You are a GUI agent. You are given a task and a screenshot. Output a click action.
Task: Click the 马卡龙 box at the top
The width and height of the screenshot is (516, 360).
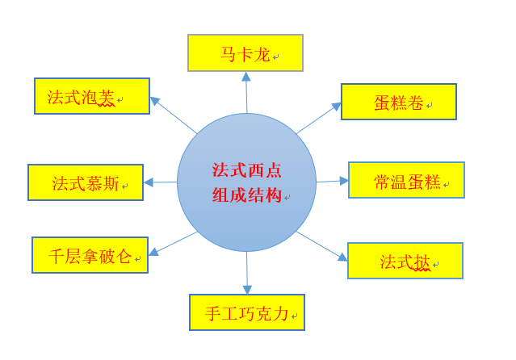click(x=245, y=52)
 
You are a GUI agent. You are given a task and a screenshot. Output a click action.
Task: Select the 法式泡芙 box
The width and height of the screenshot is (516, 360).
click(x=91, y=96)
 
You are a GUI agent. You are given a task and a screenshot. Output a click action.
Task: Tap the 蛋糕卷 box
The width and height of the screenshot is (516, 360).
click(x=398, y=102)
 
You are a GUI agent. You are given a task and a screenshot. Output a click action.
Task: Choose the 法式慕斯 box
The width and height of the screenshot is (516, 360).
click(x=85, y=182)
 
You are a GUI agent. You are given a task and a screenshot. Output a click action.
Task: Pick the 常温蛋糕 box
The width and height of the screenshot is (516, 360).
click(x=406, y=180)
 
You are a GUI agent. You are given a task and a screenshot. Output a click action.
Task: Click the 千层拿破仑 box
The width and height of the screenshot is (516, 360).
click(x=90, y=255)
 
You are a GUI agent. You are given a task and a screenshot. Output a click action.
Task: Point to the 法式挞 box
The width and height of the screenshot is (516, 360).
click(x=405, y=261)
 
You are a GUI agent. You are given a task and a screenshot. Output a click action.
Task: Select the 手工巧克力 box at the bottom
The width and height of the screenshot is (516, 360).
click(x=246, y=312)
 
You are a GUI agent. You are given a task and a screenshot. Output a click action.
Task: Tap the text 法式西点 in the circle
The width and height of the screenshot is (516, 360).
click(x=246, y=170)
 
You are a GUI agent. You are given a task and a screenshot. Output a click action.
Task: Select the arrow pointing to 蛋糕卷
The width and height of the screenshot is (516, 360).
click(x=319, y=118)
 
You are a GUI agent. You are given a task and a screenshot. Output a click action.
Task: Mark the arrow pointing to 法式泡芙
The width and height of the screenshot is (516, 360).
click(x=173, y=115)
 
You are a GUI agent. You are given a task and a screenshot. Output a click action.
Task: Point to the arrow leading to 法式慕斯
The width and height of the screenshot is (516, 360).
click(x=161, y=182)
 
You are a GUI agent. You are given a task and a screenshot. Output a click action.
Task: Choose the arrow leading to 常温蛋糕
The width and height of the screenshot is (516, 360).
click(x=332, y=181)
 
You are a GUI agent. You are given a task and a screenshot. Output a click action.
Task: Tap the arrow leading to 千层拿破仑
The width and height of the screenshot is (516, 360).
click(x=173, y=244)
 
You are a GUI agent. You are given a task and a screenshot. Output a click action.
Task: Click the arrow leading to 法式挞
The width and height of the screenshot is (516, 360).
click(x=322, y=246)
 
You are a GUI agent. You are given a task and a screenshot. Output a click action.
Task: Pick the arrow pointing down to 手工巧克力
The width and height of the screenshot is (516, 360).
click(x=247, y=273)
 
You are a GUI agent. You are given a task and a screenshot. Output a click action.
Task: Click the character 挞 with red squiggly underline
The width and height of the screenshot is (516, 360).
click(x=422, y=262)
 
